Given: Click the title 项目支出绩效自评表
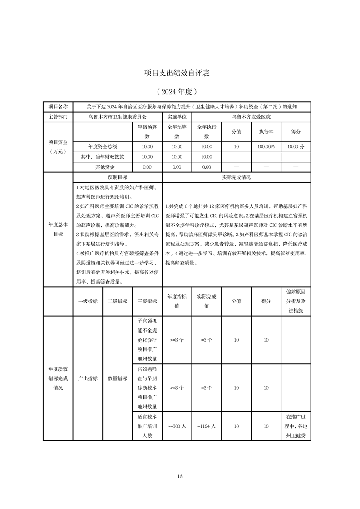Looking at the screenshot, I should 180,73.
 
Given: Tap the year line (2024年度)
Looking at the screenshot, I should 180,91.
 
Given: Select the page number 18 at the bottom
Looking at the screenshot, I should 180,476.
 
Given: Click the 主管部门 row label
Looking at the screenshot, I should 58,117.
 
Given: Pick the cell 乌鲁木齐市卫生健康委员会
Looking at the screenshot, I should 117,117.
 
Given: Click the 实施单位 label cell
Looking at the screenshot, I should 177,117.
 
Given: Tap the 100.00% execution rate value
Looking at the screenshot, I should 266,147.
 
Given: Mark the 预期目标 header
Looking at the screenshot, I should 117,177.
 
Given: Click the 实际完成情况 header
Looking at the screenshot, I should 236,177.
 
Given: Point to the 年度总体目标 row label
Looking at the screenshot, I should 58,229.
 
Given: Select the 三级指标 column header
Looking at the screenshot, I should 147,301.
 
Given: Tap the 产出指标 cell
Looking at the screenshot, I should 88,378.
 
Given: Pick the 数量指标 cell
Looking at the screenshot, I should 117,378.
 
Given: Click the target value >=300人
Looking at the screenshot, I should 177,426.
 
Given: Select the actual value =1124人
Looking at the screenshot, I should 207,426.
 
